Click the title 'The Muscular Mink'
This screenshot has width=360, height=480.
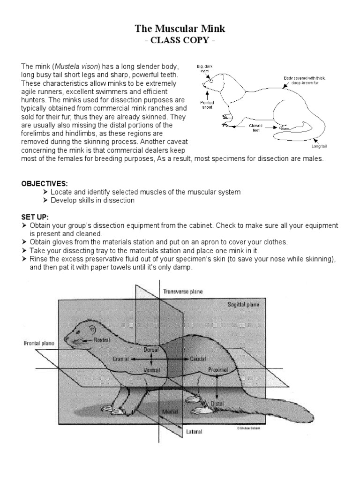click(x=180, y=29)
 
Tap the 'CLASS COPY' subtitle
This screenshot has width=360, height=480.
click(x=180, y=40)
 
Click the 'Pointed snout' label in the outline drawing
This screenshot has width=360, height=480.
click(x=208, y=104)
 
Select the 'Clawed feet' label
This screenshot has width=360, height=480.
click(x=255, y=128)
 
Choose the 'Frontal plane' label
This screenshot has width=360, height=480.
click(x=39, y=343)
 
